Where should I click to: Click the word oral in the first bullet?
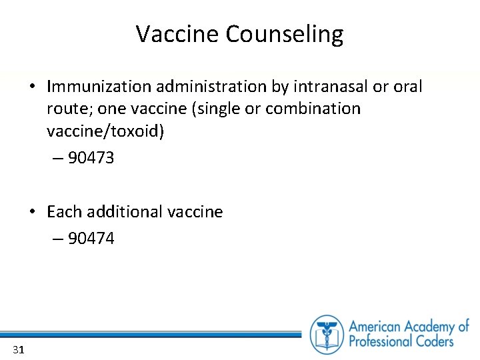(x=407, y=87)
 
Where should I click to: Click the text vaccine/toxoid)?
(x=105, y=131)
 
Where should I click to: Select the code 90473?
(x=91, y=159)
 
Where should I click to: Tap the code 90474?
(x=91, y=239)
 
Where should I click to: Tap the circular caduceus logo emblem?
(x=327, y=334)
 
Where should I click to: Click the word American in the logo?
(x=379, y=327)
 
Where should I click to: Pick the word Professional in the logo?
(x=382, y=342)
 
